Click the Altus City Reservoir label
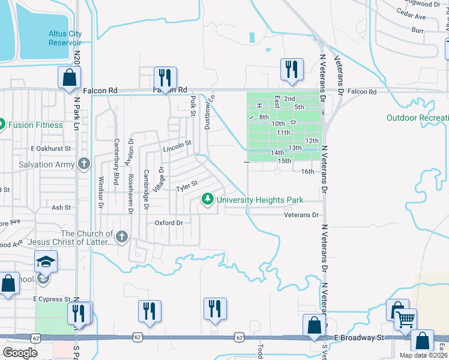(x=65, y=38)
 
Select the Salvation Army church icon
(x=84, y=164)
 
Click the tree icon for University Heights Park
(x=208, y=199)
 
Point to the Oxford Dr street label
(x=169, y=223)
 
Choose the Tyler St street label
(x=187, y=187)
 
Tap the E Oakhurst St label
(x=50, y=148)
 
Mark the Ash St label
(x=61, y=208)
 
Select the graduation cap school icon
(x=45, y=262)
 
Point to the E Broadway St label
(x=360, y=338)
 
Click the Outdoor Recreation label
(x=417, y=118)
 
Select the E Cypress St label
(x=52, y=298)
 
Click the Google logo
(x=20, y=353)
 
